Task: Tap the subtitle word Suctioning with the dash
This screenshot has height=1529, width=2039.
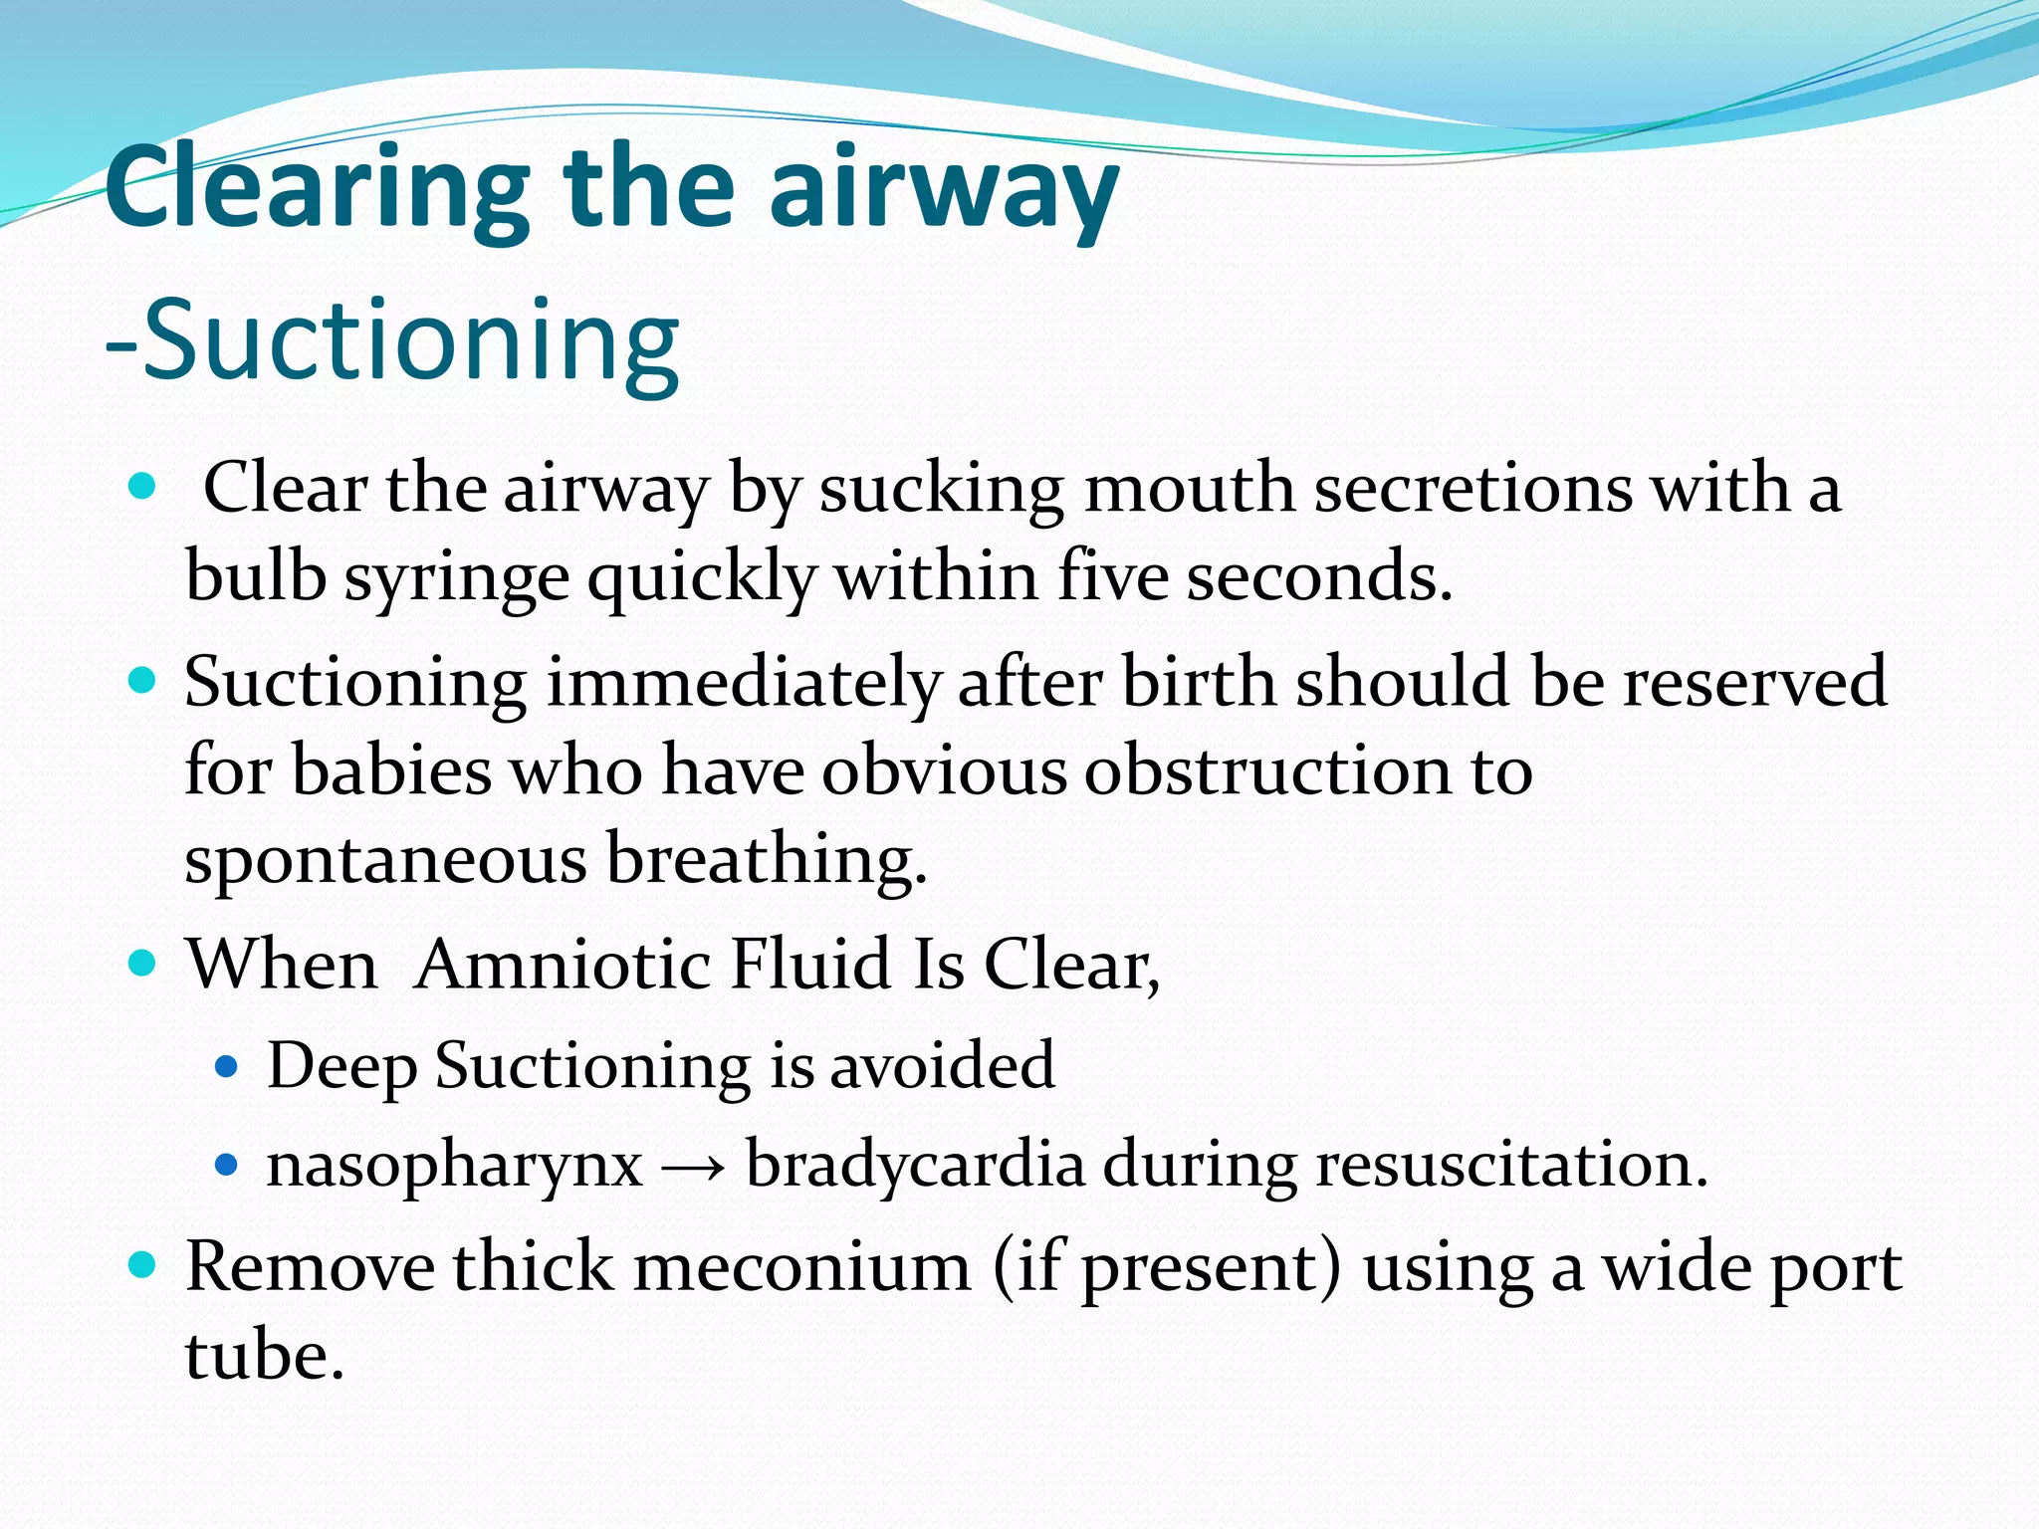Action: (393, 340)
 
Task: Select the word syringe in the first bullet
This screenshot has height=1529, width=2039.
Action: (457, 577)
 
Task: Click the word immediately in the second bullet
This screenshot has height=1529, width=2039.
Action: (742, 683)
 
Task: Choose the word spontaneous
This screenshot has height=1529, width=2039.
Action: (385, 860)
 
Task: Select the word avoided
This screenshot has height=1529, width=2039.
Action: (942, 1065)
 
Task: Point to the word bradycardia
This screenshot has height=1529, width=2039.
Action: (915, 1165)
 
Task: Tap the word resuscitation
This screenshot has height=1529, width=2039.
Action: (1511, 1165)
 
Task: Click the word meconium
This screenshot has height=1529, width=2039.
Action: (802, 1268)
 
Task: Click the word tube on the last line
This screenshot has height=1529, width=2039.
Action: (264, 1356)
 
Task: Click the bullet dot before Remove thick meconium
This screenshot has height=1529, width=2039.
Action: (144, 1265)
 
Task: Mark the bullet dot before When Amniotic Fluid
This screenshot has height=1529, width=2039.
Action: (144, 963)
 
